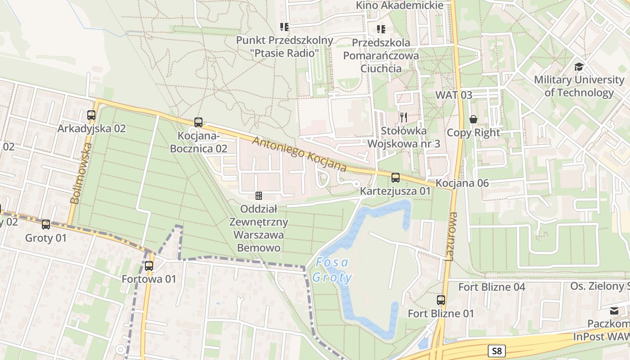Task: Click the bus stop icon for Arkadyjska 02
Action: (x=91, y=115)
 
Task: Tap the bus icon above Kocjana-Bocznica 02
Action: (x=198, y=122)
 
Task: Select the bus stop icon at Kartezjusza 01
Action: (x=395, y=178)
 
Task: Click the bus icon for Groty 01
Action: (x=46, y=225)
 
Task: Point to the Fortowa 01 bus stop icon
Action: (x=149, y=266)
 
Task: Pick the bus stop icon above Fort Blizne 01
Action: (x=441, y=300)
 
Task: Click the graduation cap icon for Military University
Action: (x=579, y=67)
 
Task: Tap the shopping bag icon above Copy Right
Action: (x=473, y=119)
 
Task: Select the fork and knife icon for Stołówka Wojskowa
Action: (x=404, y=118)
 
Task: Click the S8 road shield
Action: (x=496, y=351)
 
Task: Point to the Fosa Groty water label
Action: (x=333, y=270)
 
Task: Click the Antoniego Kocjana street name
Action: (x=299, y=154)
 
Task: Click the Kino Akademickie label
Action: (x=400, y=5)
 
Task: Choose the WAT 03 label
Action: (x=454, y=95)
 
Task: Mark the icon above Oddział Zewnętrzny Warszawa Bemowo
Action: (x=259, y=196)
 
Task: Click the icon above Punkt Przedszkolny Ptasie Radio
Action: (x=284, y=27)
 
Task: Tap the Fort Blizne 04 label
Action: (x=491, y=287)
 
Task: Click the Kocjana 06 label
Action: (x=462, y=183)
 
